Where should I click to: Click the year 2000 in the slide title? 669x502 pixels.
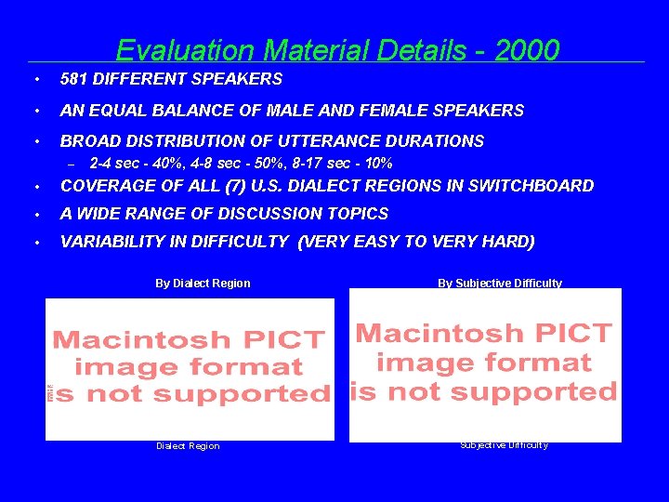527,49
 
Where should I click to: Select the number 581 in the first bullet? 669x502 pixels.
74,80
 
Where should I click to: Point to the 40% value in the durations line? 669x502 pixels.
170,163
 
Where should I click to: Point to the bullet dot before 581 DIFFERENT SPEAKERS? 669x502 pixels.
34,80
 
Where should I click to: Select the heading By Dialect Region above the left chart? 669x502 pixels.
203,284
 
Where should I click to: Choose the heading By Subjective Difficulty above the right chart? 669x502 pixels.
500,284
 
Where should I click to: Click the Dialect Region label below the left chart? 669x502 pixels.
188,446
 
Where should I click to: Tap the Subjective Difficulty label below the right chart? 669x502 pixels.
504,444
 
